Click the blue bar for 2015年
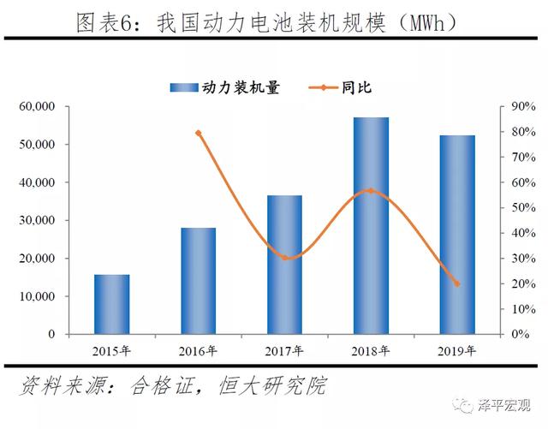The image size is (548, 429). pyautogui.click(x=112, y=304)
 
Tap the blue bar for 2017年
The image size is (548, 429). pyautogui.click(x=284, y=265)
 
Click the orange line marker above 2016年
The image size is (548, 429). pyautogui.click(x=198, y=133)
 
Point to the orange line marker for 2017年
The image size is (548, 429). pyautogui.click(x=284, y=258)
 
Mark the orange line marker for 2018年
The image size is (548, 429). pyautogui.click(x=371, y=190)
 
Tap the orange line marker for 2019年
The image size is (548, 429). pyautogui.click(x=456, y=284)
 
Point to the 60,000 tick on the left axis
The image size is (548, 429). pyautogui.click(x=37, y=107)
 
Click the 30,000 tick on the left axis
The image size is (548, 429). pyautogui.click(x=37, y=221)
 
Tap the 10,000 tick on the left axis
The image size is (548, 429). pyautogui.click(x=37, y=296)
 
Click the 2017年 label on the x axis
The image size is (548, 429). pyautogui.click(x=283, y=350)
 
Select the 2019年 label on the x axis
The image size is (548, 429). pyautogui.click(x=456, y=350)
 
